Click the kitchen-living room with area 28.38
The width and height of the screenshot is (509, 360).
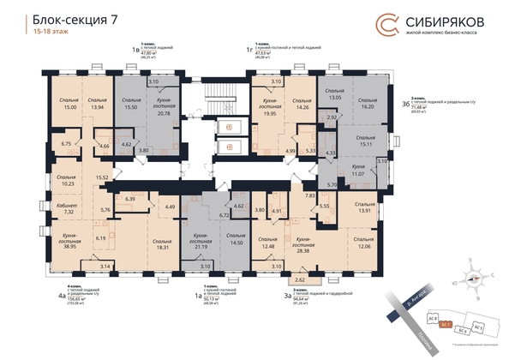pyautogui.click(x=302, y=243)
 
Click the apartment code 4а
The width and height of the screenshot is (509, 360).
pyautogui.click(x=61, y=299)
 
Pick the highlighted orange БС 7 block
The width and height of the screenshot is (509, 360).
pyautogui.click(x=445, y=325)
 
